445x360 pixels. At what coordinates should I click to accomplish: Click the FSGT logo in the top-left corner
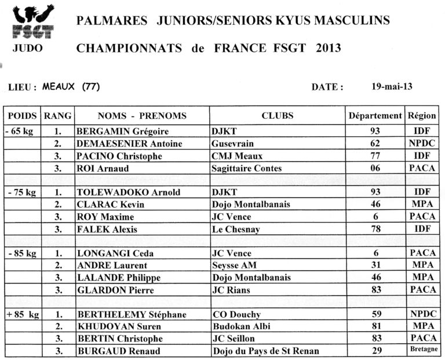(x=33, y=21)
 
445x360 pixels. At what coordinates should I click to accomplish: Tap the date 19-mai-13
(x=392, y=87)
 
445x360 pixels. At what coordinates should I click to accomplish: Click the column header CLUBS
(x=278, y=115)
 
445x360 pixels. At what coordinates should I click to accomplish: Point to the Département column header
(x=375, y=115)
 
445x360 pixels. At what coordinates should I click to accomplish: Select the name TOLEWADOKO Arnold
(x=129, y=192)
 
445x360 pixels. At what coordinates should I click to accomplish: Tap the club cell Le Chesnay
(x=236, y=229)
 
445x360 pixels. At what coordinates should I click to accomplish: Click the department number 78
(x=375, y=229)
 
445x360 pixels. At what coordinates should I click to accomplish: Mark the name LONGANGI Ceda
(x=111, y=253)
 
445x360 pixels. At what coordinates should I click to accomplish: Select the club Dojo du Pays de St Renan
(x=265, y=351)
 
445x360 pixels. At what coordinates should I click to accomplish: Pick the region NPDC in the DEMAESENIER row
(x=422, y=143)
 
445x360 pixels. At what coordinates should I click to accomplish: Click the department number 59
(x=375, y=314)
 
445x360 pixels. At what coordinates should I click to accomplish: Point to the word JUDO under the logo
(x=27, y=48)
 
